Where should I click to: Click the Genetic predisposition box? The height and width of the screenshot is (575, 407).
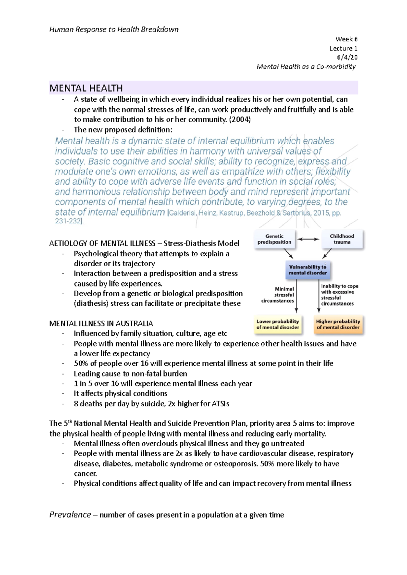point(274,239)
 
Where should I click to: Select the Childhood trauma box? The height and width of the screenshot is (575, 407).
point(342,239)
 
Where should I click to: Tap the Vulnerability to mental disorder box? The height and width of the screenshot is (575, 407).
point(308,270)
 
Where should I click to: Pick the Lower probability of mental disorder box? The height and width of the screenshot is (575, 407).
point(278,324)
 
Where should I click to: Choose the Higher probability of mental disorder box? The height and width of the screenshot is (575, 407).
point(338,324)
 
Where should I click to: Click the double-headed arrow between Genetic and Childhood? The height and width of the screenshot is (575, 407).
point(308,239)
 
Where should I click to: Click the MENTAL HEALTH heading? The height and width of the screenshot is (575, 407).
point(86,88)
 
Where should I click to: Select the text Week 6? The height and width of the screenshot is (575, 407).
point(346,39)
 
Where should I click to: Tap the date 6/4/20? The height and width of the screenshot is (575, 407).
point(347,57)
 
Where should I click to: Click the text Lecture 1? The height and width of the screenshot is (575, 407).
point(343,48)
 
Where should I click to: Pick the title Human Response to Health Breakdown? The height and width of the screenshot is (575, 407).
point(114,29)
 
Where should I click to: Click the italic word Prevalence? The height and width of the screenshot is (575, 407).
point(70,515)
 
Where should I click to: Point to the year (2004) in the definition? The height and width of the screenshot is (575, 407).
point(240,120)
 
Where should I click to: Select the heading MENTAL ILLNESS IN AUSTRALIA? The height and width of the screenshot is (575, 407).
point(101,323)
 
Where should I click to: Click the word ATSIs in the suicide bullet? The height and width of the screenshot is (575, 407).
point(220,404)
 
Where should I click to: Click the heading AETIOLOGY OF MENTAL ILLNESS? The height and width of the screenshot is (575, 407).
point(102,243)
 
